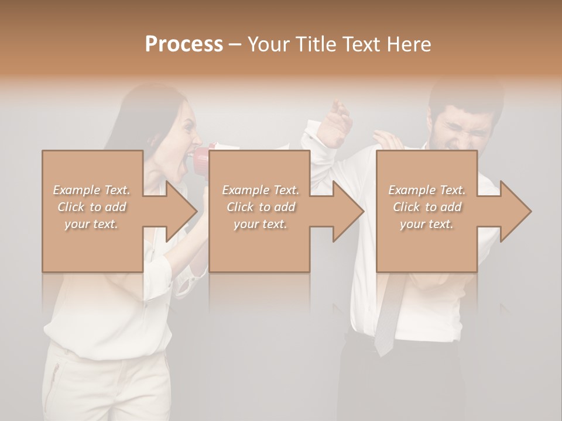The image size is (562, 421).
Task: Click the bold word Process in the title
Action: point(184,44)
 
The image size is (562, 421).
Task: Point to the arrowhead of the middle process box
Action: point(348,211)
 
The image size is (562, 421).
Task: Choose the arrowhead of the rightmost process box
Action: point(515,211)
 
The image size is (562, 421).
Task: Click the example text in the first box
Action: point(92,207)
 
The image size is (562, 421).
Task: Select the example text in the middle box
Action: point(260,207)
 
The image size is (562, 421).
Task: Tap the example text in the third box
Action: point(427,207)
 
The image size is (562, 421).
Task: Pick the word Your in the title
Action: point(270,44)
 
